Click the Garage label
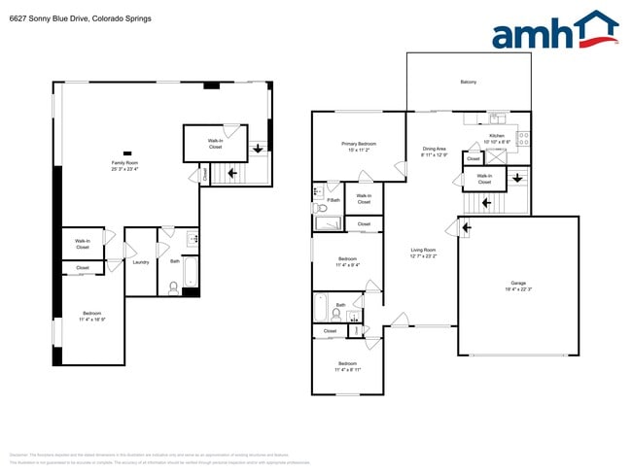517,283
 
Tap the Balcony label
468,82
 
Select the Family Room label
124,162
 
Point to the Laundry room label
140,261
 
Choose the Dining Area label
434,149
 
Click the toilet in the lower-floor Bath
173,286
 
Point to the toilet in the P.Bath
322,208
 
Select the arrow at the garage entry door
466,228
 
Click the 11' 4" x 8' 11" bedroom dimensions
347,370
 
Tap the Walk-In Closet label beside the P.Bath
364,199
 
